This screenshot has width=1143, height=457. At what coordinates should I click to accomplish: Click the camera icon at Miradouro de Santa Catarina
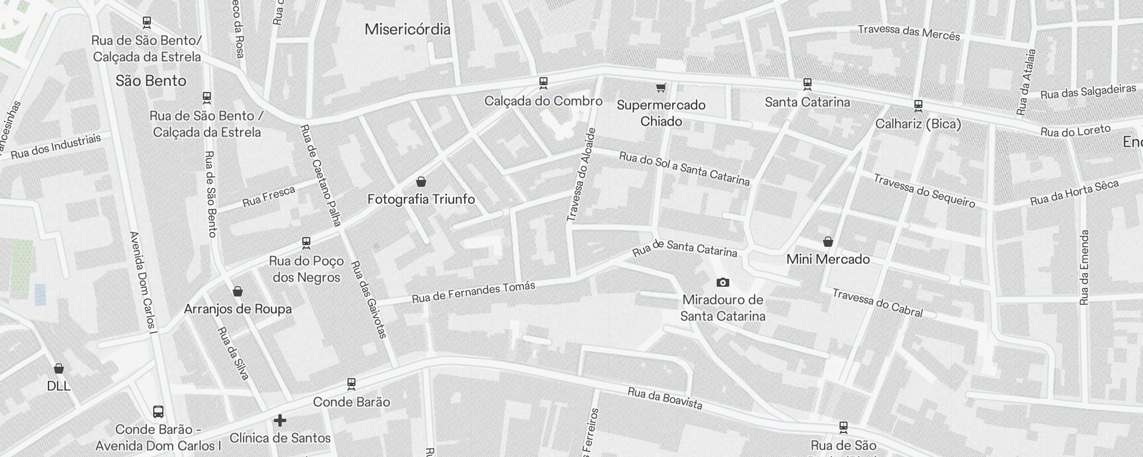[x=722, y=282]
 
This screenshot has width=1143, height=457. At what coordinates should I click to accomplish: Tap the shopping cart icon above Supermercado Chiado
[x=661, y=87]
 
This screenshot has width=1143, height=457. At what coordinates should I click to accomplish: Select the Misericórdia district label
[x=407, y=29]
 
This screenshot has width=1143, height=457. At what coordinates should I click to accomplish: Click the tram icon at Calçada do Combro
[x=543, y=83]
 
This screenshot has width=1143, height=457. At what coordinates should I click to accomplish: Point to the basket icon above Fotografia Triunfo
[x=421, y=182]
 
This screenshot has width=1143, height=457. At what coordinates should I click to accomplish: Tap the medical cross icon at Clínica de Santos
[x=279, y=421]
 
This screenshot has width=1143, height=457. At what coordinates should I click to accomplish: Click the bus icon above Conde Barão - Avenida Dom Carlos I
[x=158, y=412]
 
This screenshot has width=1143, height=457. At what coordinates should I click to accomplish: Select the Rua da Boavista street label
[x=665, y=399]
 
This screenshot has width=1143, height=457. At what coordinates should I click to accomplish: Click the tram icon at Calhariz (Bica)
[x=918, y=106]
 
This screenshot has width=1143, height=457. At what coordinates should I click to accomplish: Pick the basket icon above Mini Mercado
[x=828, y=242]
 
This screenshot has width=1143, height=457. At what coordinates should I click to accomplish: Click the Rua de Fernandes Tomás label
[x=473, y=292]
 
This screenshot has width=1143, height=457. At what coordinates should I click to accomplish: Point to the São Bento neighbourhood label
[x=151, y=81]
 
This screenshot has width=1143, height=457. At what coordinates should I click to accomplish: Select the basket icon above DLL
[x=58, y=368]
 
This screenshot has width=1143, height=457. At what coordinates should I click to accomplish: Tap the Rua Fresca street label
[x=269, y=197]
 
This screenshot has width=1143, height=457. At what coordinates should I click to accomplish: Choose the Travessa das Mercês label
[x=909, y=33]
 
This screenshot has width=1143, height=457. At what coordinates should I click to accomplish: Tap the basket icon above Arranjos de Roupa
[x=238, y=291]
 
